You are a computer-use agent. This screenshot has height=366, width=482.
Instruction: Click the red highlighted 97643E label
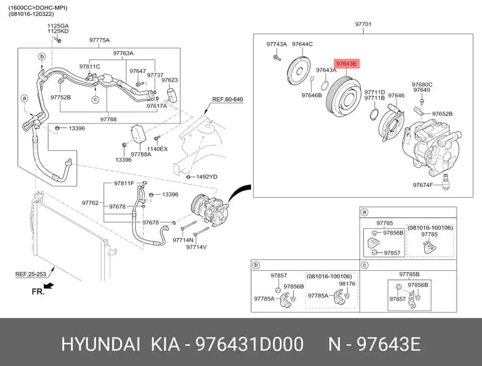[x=346, y=63]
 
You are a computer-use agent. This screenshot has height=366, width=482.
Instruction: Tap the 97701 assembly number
[x=363, y=24]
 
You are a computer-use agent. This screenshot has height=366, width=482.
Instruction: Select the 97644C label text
[x=302, y=44]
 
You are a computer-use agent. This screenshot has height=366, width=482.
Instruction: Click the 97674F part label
[x=422, y=185]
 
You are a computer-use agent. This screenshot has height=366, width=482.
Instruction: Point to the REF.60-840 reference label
[x=228, y=100]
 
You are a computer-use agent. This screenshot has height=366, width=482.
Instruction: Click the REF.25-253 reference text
[x=30, y=274]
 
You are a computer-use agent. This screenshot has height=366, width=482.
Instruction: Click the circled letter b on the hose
[x=42, y=56]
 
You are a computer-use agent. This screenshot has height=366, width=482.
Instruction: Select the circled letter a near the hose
[x=24, y=98]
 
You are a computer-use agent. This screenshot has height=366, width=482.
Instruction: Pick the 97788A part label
[x=141, y=154]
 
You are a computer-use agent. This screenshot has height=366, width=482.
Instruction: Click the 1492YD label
[x=207, y=177]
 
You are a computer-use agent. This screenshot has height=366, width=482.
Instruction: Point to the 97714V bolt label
[x=196, y=247]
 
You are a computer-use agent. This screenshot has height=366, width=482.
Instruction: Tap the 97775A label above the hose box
[x=100, y=40]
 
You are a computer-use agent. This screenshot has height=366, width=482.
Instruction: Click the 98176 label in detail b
[x=347, y=284]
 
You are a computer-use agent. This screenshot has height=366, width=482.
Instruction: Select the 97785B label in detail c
[x=409, y=274]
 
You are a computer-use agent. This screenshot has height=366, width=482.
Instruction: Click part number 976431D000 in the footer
[x=250, y=344]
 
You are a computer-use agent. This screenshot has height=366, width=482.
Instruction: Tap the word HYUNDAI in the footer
[x=101, y=344]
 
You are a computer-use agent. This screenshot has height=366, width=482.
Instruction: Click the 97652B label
[x=442, y=114]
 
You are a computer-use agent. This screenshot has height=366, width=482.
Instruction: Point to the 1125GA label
[x=58, y=26]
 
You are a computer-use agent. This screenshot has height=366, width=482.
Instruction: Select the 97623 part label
[x=170, y=80]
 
